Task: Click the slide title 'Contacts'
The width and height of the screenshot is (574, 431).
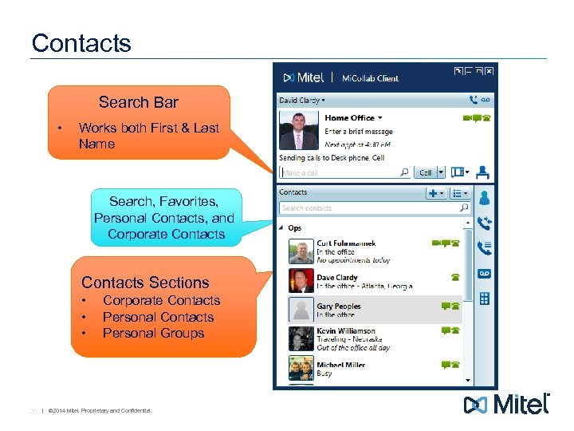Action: pyautogui.click(x=81, y=42)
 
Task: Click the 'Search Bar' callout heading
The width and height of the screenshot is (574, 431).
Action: pyautogui.click(x=138, y=102)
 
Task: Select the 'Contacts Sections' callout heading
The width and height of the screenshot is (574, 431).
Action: pyautogui.click(x=145, y=283)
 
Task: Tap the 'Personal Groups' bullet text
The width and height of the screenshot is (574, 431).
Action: pyautogui.click(x=153, y=334)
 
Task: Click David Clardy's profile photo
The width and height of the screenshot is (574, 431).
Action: pyautogui.click(x=297, y=130)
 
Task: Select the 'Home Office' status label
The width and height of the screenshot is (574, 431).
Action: pyautogui.click(x=350, y=118)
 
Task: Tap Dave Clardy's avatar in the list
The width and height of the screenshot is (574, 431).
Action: pyautogui.click(x=301, y=280)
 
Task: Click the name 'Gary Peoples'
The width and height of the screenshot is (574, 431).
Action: pyautogui.click(x=339, y=306)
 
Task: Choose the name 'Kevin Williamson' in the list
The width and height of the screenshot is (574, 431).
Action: pyautogui.click(x=345, y=331)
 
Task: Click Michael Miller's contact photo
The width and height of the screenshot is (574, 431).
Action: pyautogui.click(x=301, y=368)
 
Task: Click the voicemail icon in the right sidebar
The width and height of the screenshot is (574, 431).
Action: pyautogui.click(x=484, y=273)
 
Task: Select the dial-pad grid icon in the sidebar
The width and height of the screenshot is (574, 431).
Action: pyautogui.click(x=484, y=299)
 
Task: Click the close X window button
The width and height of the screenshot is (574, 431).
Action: pyautogui.click(x=489, y=71)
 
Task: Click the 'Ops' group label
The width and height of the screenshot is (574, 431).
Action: pyautogui.click(x=295, y=228)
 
